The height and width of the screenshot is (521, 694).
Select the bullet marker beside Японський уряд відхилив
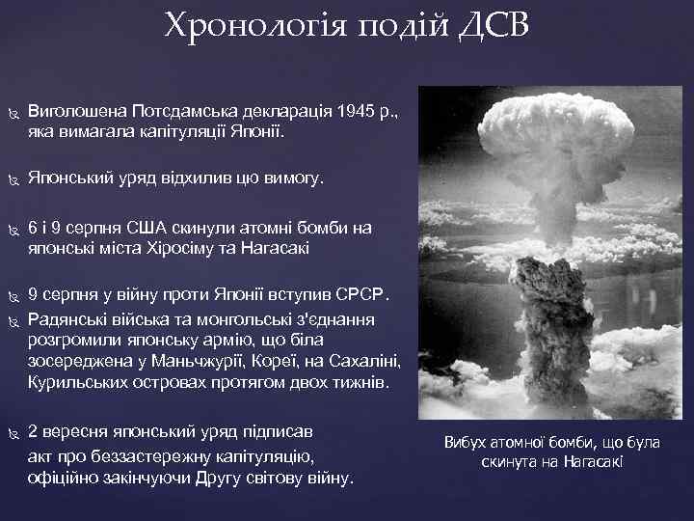[x=13, y=179]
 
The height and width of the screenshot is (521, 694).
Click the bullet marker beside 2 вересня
[x=13, y=433]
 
